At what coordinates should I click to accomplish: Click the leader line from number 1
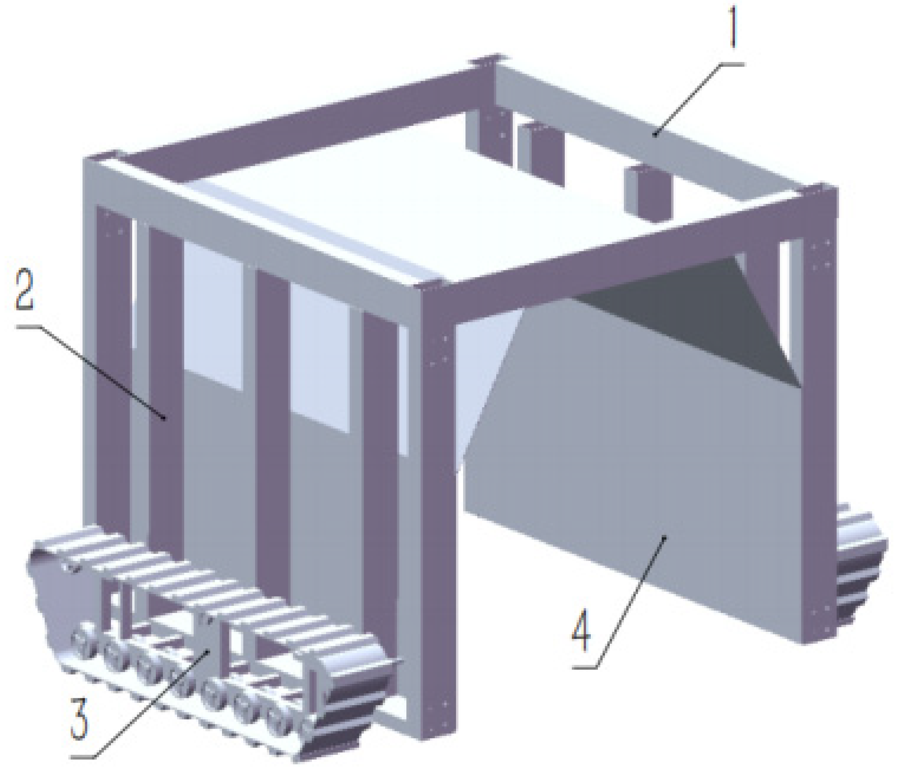[697, 98]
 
